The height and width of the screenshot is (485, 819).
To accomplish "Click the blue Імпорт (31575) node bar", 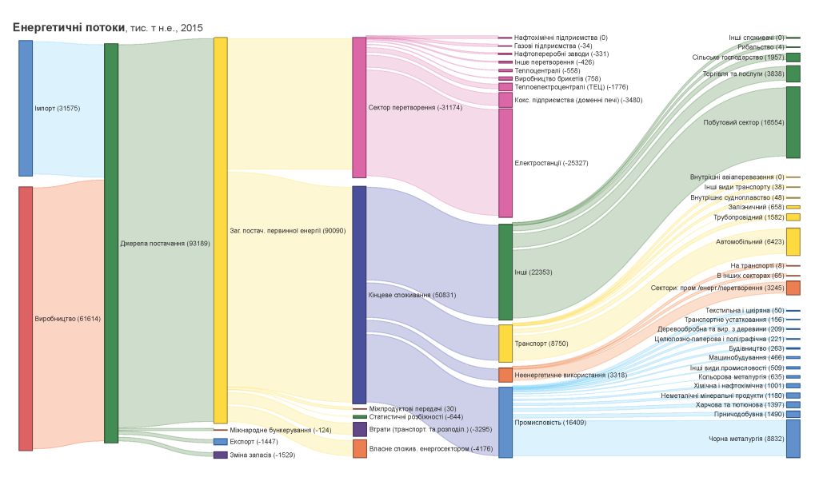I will (26, 108).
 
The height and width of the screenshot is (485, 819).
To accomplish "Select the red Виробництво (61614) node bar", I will (26, 318).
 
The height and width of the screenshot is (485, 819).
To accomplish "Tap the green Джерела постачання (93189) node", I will (111, 243).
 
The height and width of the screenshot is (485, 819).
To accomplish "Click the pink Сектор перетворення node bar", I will (359, 107).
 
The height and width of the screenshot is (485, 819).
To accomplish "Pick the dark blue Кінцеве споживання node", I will (359, 295).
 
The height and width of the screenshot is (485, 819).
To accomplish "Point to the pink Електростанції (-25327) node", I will (505, 163).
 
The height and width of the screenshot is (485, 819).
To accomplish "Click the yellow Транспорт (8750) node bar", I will (505, 344).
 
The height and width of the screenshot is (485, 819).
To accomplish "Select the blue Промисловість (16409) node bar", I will (505, 422).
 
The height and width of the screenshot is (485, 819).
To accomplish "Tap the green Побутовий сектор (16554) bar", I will (793, 122).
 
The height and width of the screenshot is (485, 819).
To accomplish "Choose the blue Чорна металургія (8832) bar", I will (793, 439).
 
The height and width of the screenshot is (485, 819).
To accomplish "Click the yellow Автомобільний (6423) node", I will (793, 241).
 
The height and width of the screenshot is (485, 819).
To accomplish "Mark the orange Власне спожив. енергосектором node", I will (360, 448).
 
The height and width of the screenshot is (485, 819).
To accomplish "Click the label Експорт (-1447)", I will (254, 441).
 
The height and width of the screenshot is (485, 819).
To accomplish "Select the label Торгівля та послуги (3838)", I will (743, 74).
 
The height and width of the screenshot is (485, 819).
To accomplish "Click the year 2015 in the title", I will (192, 28).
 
